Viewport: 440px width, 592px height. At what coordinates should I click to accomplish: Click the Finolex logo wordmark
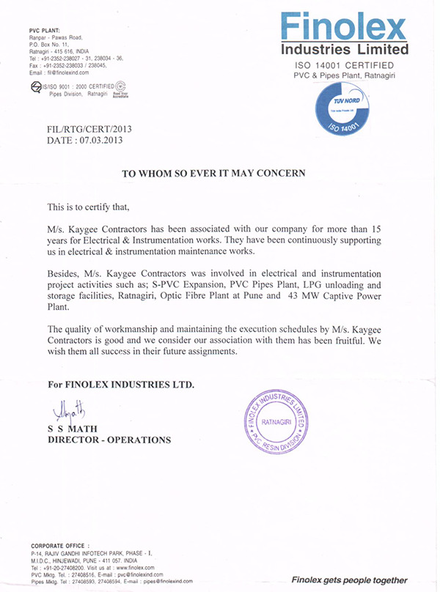tap(343, 29)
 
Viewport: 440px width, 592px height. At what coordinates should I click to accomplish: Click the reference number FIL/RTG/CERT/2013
tap(89, 129)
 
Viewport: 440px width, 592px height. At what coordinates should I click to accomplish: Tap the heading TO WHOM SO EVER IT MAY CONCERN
tap(213, 174)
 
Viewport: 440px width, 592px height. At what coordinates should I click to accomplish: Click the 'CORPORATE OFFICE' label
tap(59, 547)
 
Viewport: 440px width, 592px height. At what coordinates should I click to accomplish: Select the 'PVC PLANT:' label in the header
tap(45, 30)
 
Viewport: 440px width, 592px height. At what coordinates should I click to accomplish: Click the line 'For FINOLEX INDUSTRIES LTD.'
tap(121, 385)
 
